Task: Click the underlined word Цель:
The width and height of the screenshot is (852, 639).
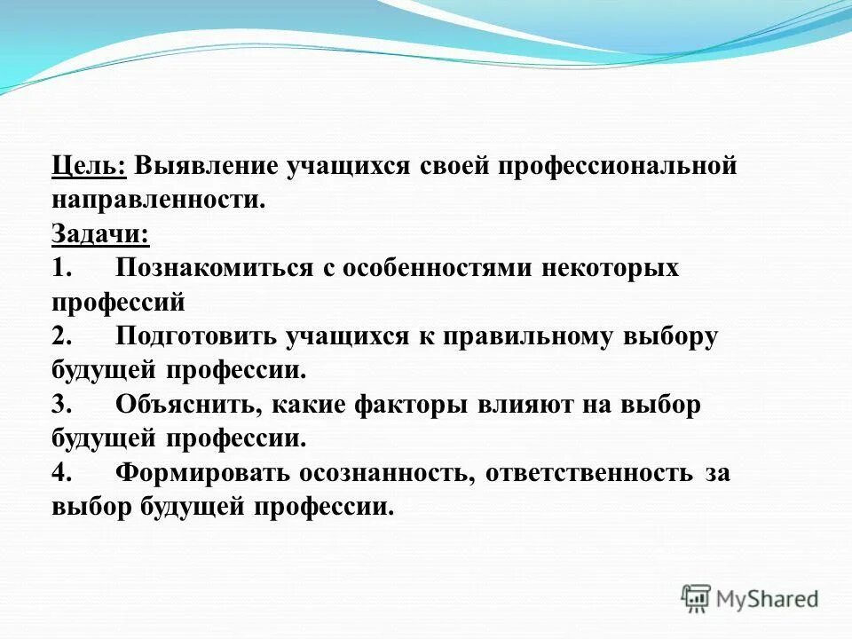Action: [89, 167]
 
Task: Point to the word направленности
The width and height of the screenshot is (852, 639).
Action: [158, 201]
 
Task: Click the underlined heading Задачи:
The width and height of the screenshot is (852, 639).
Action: [100, 234]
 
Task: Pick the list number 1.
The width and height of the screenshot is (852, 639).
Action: [59, 268]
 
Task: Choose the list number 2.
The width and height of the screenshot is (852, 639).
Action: [60, 336]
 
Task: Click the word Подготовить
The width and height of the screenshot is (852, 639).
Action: [195, 336]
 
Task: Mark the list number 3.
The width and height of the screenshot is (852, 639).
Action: [60, 405]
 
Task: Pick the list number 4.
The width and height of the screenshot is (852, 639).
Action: [60, 473]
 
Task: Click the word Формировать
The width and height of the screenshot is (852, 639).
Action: [202, 473]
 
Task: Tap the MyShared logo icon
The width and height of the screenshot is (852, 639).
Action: [696, 598]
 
